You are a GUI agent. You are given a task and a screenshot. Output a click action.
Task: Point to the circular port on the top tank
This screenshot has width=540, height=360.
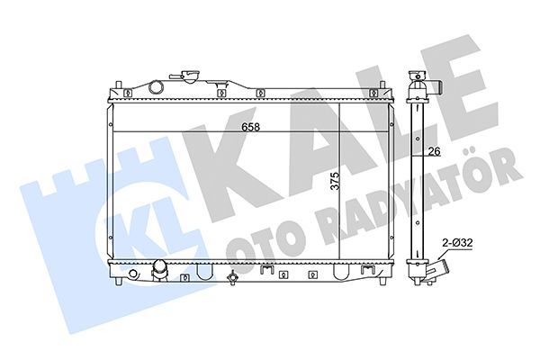(157, 87)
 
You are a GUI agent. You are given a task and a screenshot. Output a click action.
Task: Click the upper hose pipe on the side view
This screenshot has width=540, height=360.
(435, 86)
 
